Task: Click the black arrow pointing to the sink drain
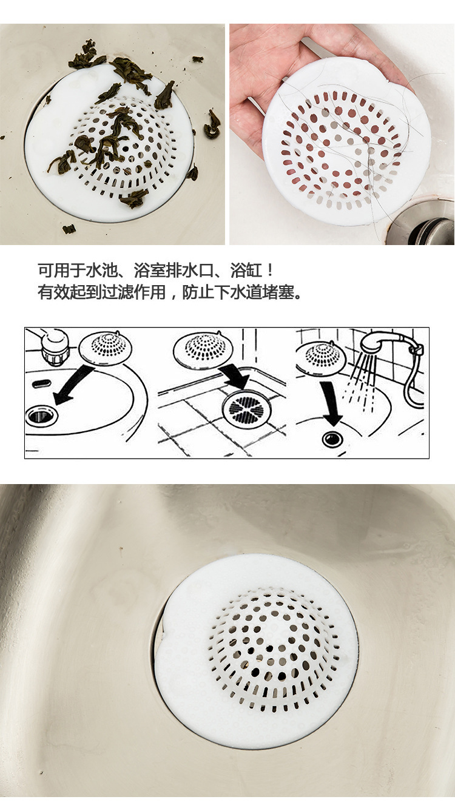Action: pyautogui.click(x=71, y=385)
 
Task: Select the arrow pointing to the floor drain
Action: pyautogui.click(x=235, y=374)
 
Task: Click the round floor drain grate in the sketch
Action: pyautogui.click(x=245, y=409)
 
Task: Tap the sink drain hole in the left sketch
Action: pyautogui.click(x=41, y=415)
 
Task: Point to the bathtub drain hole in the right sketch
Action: pyautogui.click(x=332, y=439)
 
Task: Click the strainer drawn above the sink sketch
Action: pyautogui.click(x=105, y=348)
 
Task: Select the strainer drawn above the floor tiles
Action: pyautogui.click(x=203, y=349)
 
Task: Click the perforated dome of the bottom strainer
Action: pyautogui.click(x=273, y=648)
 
